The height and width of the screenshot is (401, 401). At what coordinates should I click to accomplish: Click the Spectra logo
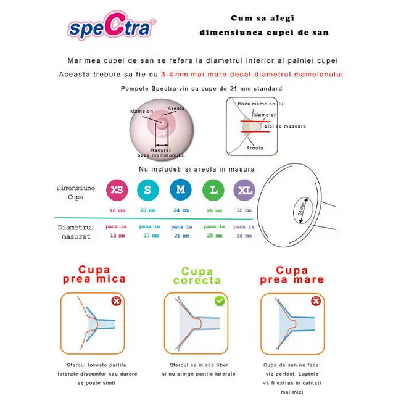(x=112, y=29)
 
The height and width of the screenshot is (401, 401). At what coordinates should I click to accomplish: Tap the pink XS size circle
(x=116, y=189)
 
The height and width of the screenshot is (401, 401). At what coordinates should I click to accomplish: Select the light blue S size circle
(x=147, y=189)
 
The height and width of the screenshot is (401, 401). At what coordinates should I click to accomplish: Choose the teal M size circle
(x=180, y=189)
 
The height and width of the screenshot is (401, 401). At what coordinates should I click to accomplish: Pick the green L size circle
(x=213, y=189)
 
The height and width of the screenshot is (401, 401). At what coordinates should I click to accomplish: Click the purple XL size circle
(x=244, y=189)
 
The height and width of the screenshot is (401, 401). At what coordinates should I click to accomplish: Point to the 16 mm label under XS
(x=117, y=210)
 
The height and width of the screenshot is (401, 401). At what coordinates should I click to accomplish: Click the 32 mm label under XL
(x=244, y=210)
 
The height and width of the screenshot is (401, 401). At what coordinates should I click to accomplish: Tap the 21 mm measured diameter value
(x=181, y=236)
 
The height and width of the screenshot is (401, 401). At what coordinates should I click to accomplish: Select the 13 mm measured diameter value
(x=116, y=236)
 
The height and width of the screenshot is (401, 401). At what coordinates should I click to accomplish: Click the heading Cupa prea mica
(x=94, y=274)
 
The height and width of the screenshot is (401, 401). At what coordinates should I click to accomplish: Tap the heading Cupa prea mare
(x=292, y=275)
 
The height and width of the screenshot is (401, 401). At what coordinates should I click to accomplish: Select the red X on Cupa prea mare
(x=316, y=301)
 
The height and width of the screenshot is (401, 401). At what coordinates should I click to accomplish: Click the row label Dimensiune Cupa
(x=76, y=192)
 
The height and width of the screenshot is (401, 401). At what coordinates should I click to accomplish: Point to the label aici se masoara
(x=289, y=126)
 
